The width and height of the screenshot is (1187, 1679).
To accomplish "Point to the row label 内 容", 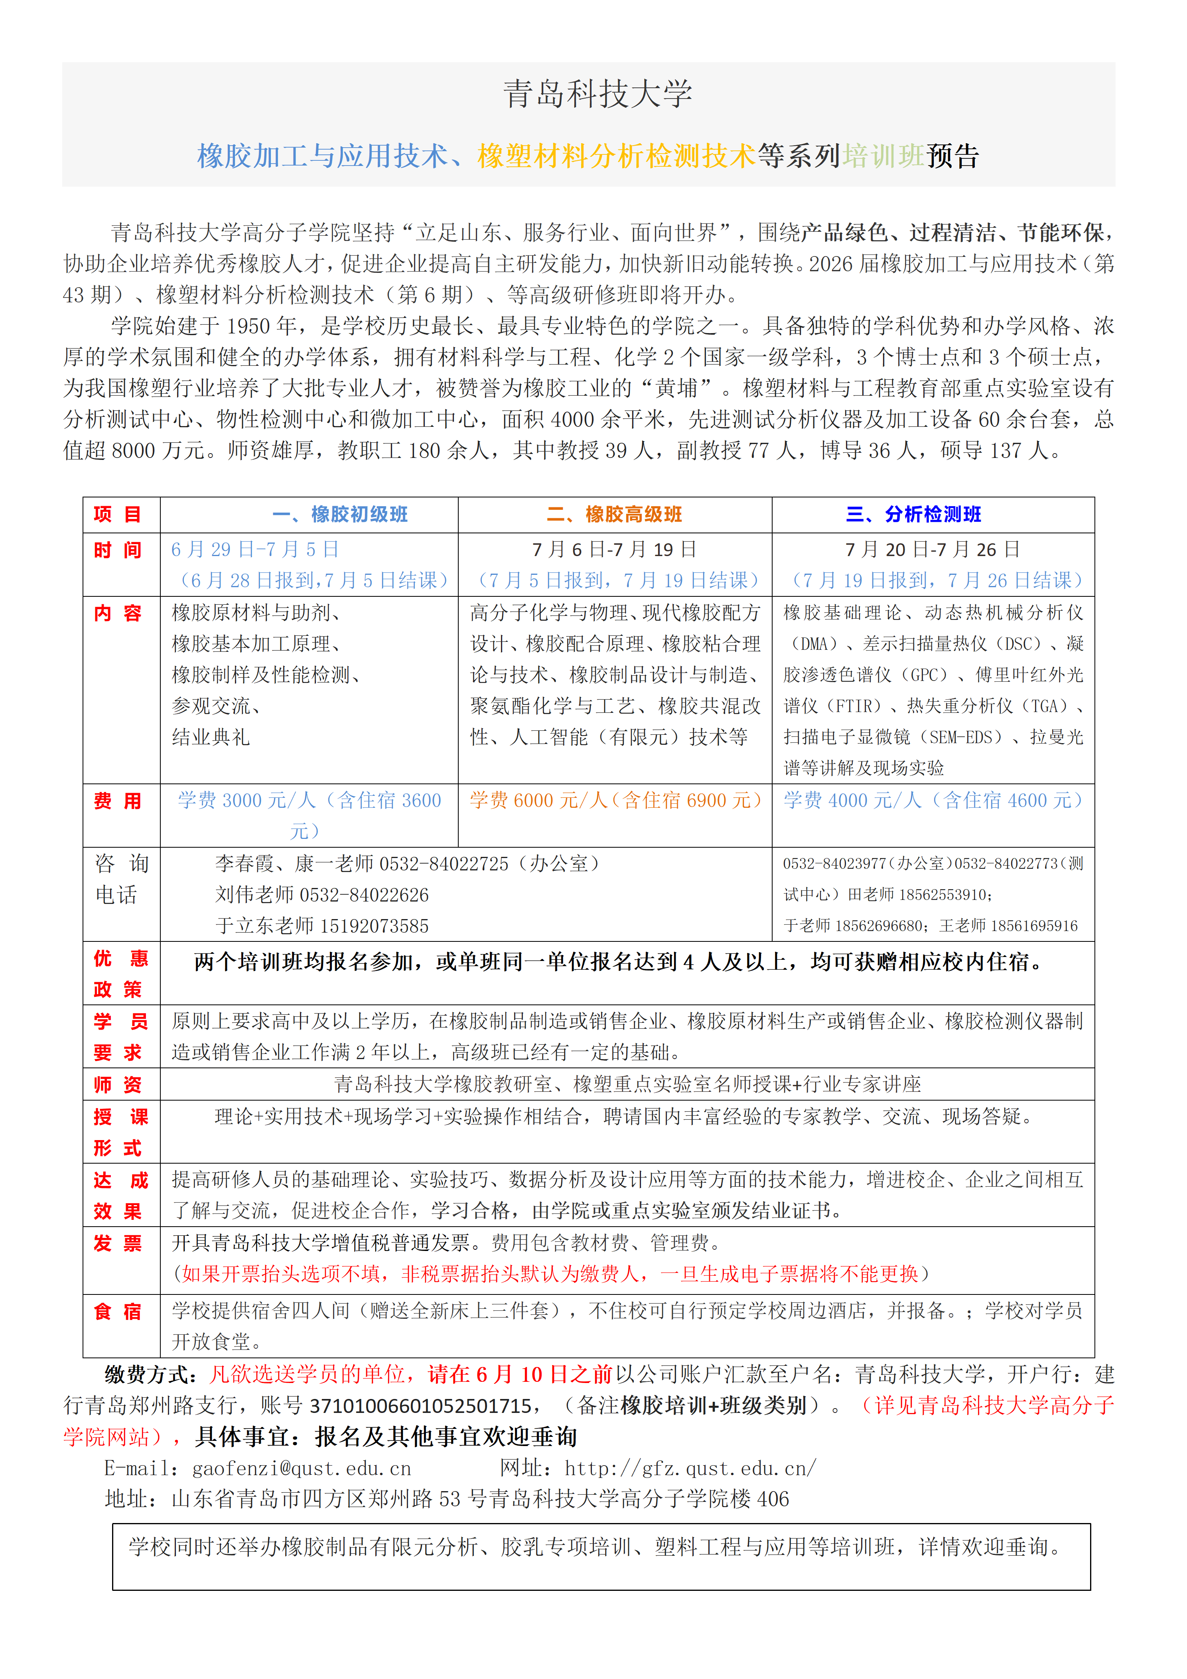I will [118, 613].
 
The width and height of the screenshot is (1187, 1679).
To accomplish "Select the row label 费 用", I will [118, 801].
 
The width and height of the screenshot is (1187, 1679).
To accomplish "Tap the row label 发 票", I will [118, 1243].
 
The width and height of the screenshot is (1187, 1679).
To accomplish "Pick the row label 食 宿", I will [118, 1311].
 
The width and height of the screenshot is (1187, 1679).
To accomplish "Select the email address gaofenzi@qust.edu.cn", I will [301, 1468].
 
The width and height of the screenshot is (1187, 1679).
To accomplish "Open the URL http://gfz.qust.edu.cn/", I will [690, 1468].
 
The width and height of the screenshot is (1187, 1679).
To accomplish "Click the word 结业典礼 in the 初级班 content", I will [211, 737].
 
